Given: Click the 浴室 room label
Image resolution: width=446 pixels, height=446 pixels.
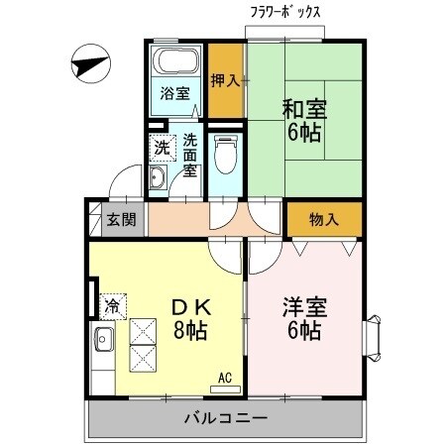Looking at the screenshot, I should pyautogui.click(x=175, y=95).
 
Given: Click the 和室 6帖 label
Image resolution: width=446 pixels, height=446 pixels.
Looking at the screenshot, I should pyautogui.click(x=303, y=119).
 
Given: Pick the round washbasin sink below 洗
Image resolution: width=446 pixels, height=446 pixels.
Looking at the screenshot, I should pyautogui.click(x=158, y=179).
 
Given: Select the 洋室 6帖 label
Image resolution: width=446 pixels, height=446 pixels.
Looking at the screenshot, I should pyautogui.click(x=299, y=318).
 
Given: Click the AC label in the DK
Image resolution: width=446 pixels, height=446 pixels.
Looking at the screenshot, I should pyautogui.click(x=226, y=377).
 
